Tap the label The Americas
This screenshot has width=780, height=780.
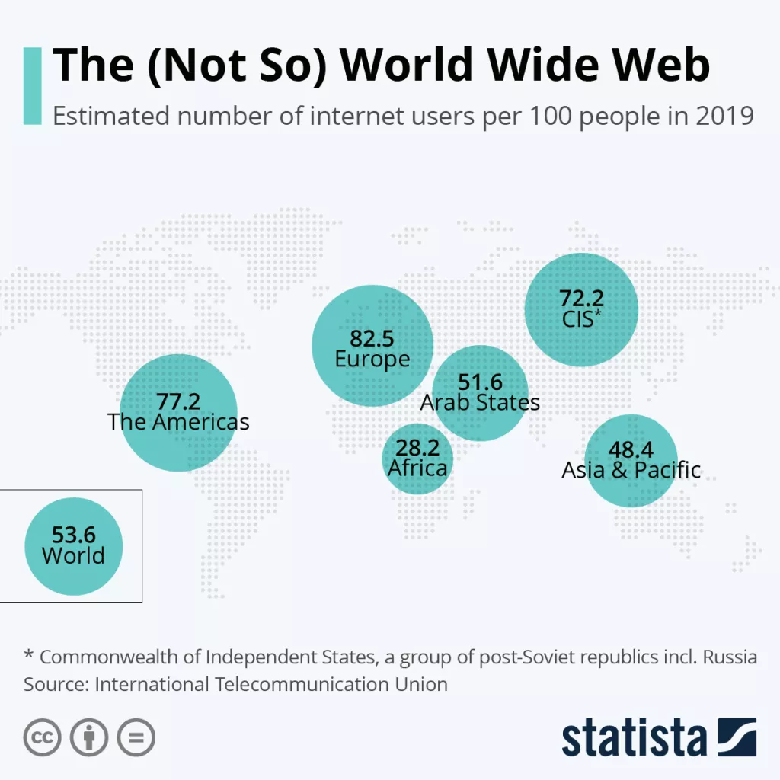178,421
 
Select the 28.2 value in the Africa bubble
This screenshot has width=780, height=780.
417,448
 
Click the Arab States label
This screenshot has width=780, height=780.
480,402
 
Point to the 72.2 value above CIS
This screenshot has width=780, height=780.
582,298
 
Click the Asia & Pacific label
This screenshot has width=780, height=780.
631,470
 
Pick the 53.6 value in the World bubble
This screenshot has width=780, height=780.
74,535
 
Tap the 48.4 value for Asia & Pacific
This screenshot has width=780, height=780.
631,449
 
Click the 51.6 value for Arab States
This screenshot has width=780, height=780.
480,382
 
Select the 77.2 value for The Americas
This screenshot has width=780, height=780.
178,401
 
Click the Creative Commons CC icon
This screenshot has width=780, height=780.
43,737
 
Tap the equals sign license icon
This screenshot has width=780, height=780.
136,737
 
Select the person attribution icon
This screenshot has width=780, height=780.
89,737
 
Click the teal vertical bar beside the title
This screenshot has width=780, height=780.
32,85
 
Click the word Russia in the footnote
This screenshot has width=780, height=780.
730,657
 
